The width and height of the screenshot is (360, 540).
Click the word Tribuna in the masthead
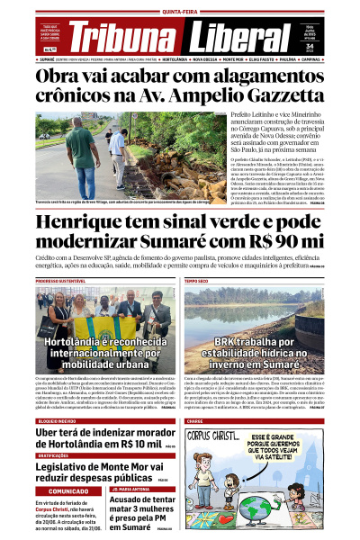(x=118, y=37)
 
